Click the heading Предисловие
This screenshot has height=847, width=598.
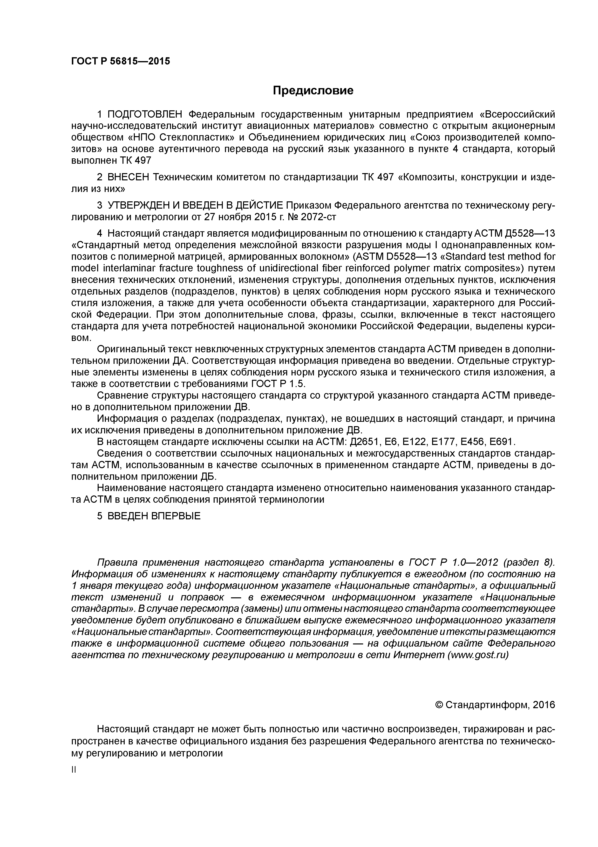pos(313,90)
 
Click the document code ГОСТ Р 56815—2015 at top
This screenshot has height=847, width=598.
pos(121,61)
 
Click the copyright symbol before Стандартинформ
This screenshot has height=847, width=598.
pos(439,705)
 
